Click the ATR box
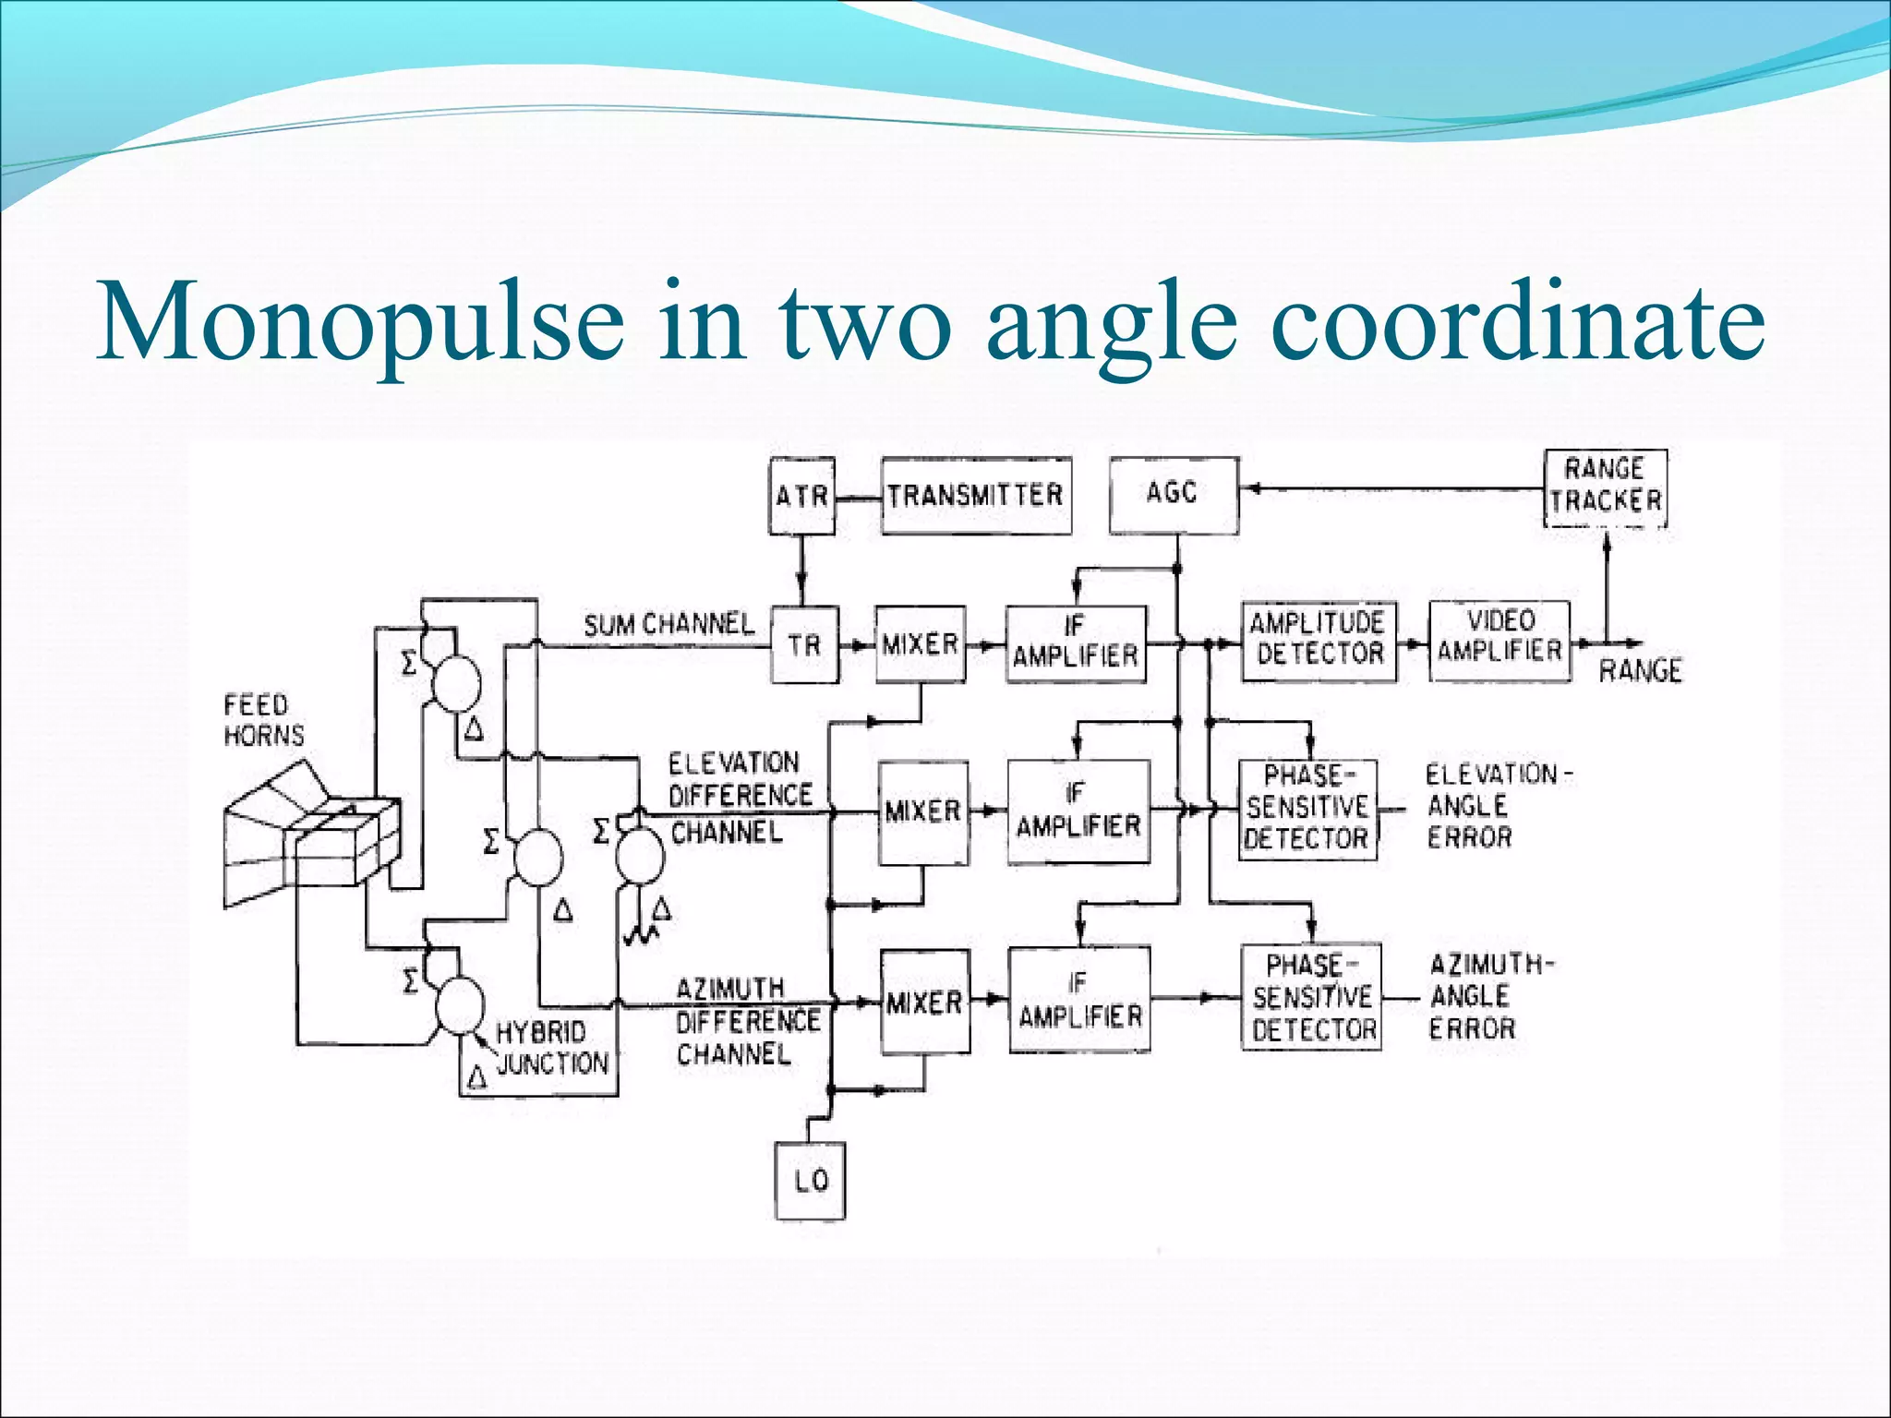[801, 496]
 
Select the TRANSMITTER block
[976, 496]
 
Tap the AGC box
[1173, 494]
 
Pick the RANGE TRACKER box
[1606, 487]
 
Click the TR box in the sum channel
[804, 644]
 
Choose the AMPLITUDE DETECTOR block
[1319, 640]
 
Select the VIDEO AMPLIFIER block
[1500, 639]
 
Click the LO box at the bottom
[810, 1181]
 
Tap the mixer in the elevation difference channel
[922, 812]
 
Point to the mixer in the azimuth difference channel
[924, 1002]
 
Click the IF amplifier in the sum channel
[1076, 643]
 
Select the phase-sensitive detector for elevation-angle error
[1307, 809]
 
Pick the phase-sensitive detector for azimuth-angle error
[1311, 998]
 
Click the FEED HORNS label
[264, 721]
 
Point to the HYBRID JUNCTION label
[552, 1048]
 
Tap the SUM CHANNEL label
[668, 625]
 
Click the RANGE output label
[1640, 671]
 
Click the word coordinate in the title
[1517, 322]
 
